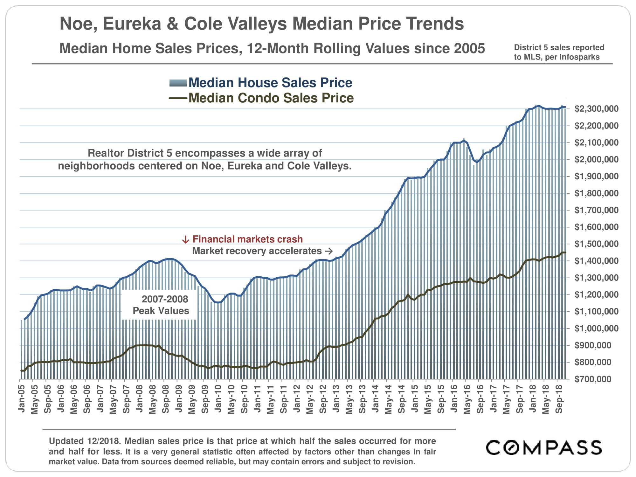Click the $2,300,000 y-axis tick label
[x=596, y=109]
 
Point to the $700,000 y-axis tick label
[x=593, y=379]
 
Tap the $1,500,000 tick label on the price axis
[x=596, y=244]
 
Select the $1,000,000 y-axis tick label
[x=596, y=328]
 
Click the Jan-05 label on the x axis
[x=22, y=398]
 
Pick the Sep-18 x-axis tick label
[x=559, y=398]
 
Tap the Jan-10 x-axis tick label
[x=218, y=398]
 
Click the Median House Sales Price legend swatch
[x=178, y=83]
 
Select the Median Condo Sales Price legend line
[x=178, y=98]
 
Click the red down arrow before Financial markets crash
[x=185, y=240]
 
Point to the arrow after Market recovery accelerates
[x=329, y=251]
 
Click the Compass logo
[x=543, y=447]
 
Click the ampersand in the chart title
[x=173, y=24]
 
